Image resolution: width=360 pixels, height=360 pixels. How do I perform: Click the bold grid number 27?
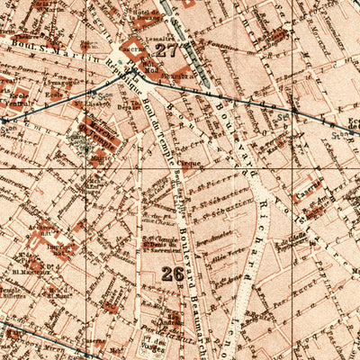click(x=166, y=51)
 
